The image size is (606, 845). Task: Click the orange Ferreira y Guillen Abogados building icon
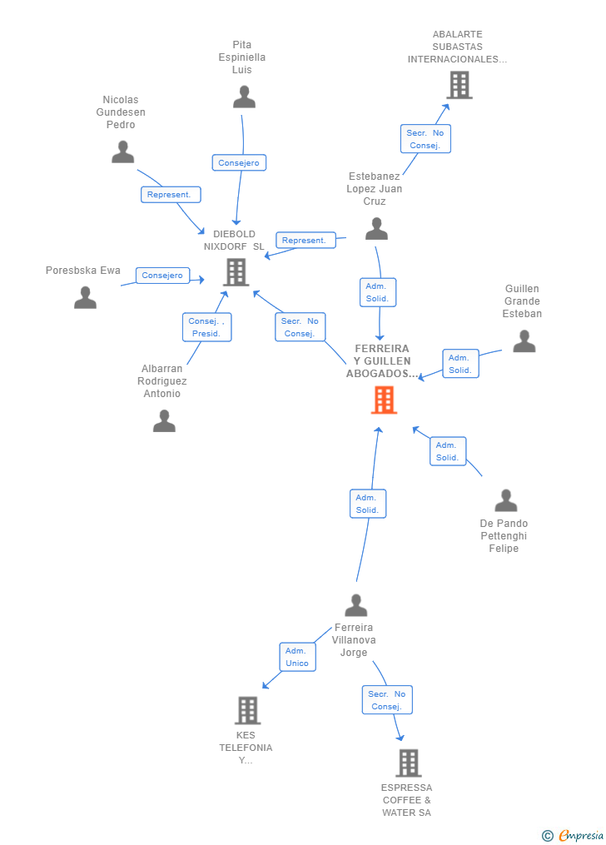(384, 400)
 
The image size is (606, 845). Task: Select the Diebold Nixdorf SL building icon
(236, 272)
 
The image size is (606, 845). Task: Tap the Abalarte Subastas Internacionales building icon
(459, 85)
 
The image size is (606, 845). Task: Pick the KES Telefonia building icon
(247, 710)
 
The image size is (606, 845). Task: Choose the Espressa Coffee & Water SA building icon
(408, 763)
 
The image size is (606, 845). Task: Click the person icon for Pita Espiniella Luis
(244, 97)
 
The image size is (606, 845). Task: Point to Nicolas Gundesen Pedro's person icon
(123, 152)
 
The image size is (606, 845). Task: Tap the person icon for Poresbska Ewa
(85, 298)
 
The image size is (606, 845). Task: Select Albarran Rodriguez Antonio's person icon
(164, 421)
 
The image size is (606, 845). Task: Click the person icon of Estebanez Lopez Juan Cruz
(376, 228)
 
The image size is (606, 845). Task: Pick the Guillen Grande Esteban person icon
(524, 341)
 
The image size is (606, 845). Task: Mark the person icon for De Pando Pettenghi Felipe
(505, 501)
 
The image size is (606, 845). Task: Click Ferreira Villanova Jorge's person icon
(355, 605)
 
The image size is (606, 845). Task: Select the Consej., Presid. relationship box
(206, 327)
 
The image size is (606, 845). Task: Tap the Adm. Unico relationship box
(296, 657)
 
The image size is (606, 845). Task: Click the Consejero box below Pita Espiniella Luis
(239, 163)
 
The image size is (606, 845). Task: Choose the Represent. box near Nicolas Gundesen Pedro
(170, 195)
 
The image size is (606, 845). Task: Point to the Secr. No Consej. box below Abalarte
(425, 139)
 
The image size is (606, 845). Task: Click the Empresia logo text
(581, 835)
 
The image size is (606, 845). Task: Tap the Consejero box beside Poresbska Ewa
(162, 276)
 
